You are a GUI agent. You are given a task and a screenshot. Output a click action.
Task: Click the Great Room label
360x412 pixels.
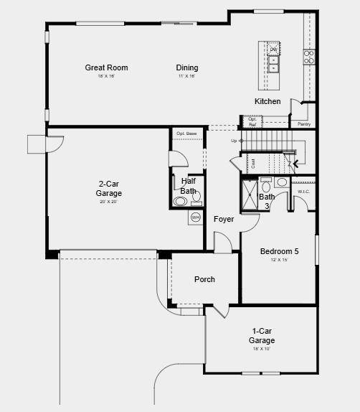pos(106,68)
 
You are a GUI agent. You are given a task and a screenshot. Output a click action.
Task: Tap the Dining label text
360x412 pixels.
pos(187,68)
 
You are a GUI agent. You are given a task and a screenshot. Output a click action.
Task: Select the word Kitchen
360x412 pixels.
pos(267,101)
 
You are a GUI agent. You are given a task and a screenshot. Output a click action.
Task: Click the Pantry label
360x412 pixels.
pos(304,124)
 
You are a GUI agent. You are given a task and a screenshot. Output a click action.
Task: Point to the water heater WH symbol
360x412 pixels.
pos(195,217)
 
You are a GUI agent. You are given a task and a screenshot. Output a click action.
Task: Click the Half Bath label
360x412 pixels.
pos(188,186)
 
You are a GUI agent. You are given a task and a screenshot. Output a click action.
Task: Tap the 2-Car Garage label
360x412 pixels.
pos(110,188)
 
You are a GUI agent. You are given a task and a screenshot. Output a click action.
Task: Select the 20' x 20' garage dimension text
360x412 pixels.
pos(110,202)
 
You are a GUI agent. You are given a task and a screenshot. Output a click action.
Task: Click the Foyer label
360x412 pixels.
pos(224,219)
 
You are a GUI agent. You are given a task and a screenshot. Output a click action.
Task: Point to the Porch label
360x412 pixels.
pos(204,279)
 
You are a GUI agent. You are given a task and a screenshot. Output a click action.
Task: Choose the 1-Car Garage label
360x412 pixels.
pos(262,335)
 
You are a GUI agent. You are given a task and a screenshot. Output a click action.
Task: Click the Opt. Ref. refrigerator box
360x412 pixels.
pos(252,123)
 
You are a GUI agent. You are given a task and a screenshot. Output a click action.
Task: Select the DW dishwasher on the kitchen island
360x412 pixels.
pos(273,49)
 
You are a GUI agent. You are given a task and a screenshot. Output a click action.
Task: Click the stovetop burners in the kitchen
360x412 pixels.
pos(308,57)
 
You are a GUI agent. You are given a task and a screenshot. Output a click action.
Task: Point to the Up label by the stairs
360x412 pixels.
pos(234,141)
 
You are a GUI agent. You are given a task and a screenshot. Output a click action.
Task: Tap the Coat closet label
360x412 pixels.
pos(252,164)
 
